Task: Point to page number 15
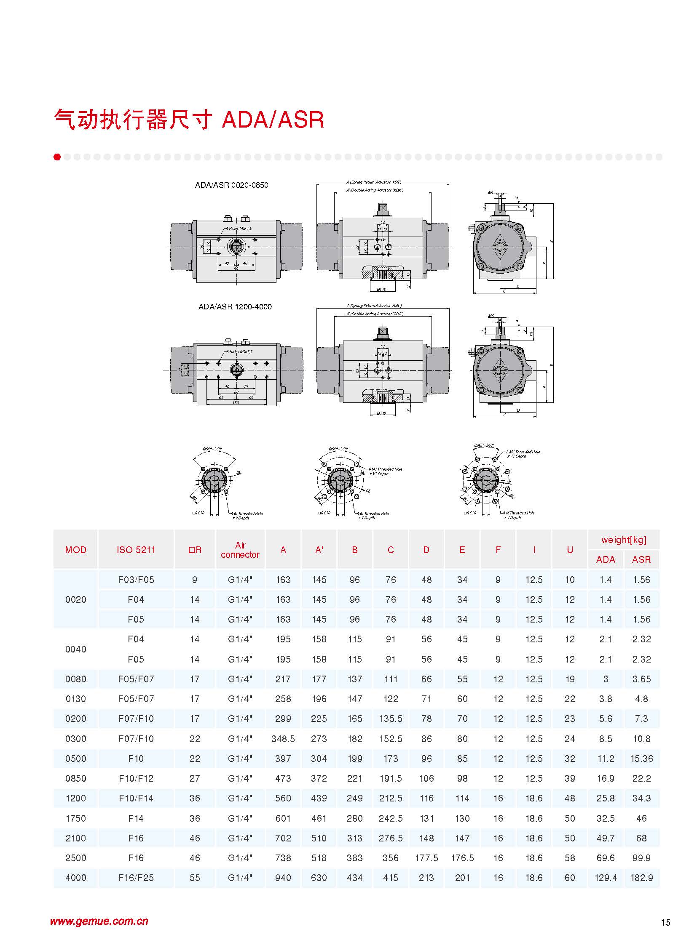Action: coord(665,923)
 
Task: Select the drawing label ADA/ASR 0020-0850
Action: coord(231,185)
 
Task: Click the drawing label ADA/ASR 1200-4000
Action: coord(235,307)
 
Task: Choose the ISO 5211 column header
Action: coord(136,550)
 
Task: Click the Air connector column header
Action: coord(240,550)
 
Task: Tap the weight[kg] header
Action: coord(624,540)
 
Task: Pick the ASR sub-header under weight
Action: coord(641,559)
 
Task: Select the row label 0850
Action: coord(76,778)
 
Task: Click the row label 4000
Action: coord(76,878)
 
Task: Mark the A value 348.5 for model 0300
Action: coord(283,739)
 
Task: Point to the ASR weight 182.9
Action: coord(641,878)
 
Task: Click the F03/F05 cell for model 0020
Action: coord(136,580)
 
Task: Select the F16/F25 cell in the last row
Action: coord(136,878)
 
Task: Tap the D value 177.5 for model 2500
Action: coord(426,858)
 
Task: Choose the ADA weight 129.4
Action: coord(606,878)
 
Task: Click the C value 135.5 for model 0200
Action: coord(391,719)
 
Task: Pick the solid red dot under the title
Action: coord(57,157)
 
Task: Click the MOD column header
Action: coord(76,550)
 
